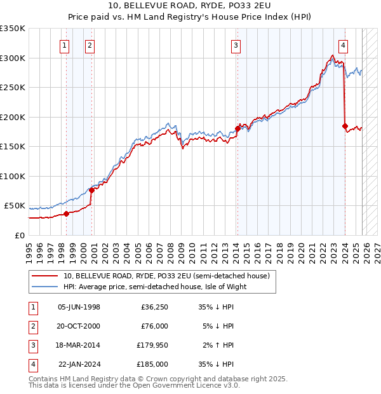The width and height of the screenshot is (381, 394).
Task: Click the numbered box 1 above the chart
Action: pos(65,45)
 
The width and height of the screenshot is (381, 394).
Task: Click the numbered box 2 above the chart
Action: pos(90,45)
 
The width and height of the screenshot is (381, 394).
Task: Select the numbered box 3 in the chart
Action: pos(236,45)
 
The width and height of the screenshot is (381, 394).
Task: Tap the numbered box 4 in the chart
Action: pos(343,45)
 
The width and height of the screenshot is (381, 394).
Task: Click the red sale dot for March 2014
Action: pos(237,128)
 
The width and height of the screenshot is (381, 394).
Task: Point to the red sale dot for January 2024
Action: pos(345,126)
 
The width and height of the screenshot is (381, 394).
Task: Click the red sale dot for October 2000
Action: pos(91,190)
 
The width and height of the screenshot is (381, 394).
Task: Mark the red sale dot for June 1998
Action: pos(66,214)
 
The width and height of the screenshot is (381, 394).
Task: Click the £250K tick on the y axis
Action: pos(13,87)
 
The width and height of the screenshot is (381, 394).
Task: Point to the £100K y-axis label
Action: pos(13,176)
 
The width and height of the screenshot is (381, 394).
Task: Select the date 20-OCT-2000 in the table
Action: pos(79,326)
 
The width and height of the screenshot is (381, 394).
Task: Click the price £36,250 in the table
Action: pos(154,307)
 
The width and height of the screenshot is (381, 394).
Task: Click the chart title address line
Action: pos(190,8)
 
